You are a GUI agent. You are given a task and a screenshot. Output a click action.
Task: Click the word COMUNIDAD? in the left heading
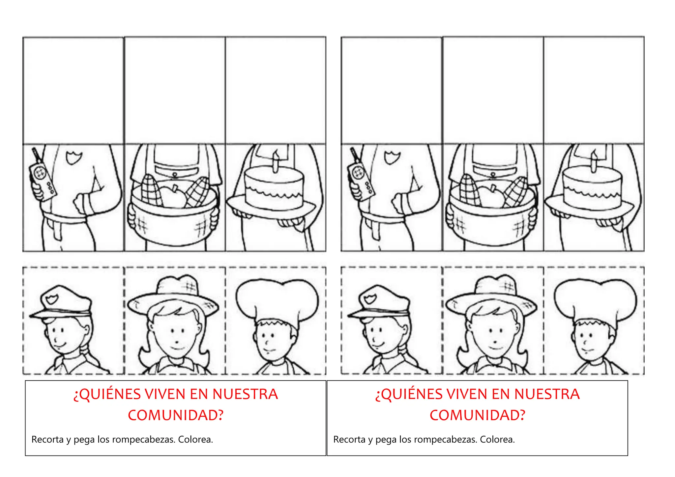click(176, 415)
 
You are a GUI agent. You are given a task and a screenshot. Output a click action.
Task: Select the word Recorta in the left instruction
click(47, 439)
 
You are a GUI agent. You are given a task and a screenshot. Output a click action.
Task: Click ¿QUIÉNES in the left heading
click(107, 394)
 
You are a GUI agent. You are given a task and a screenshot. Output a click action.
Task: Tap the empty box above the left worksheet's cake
click(276, 90)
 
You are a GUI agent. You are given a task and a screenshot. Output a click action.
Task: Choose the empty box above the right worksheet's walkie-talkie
click(392, 90)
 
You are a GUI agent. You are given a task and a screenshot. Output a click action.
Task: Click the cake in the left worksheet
click(274, 189)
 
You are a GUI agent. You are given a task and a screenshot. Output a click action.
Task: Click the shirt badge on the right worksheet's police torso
click(392, 157)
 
